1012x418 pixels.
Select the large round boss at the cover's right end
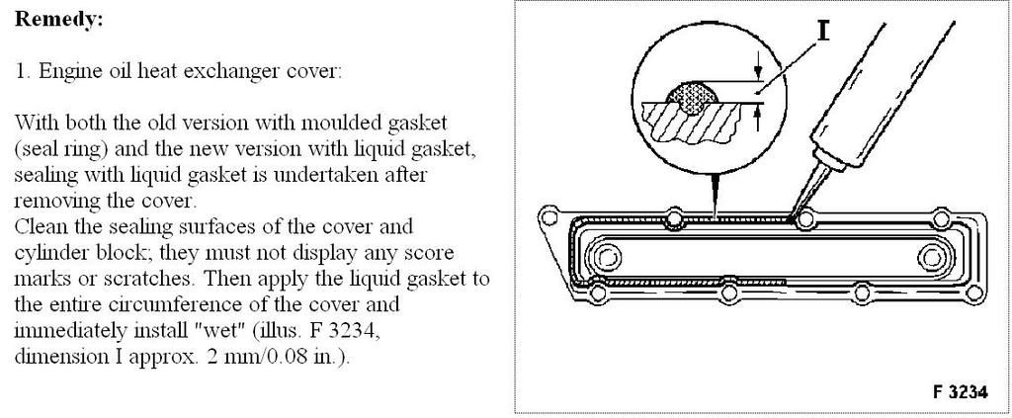click(931, 258)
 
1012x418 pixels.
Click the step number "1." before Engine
click(22, 72)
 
